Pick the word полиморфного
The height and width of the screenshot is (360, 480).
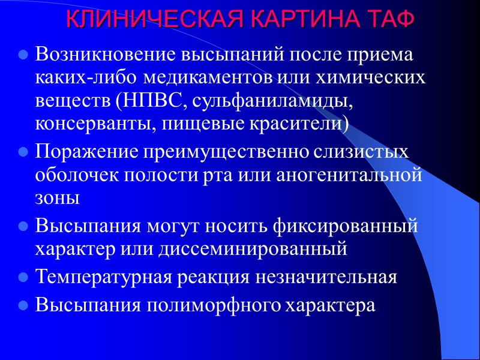(x=212, y=305)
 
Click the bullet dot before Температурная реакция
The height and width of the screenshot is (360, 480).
(x=25, y=278)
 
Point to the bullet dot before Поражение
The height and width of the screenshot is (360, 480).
(x=25, y=153)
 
